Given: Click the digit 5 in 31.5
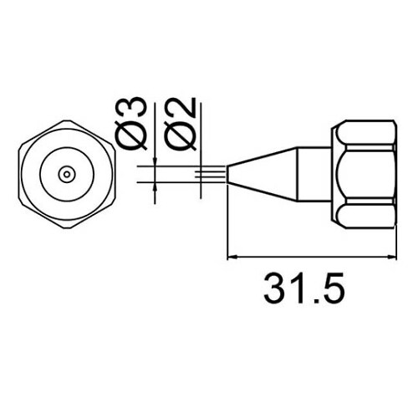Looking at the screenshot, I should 333,290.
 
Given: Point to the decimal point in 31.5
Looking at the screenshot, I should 313,302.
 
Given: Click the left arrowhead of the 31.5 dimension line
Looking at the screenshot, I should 233,257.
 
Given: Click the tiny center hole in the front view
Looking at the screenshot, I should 65,174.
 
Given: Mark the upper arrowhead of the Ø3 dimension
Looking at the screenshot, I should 156,158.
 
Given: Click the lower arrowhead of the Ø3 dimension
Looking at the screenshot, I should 156,191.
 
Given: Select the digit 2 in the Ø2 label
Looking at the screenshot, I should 183,109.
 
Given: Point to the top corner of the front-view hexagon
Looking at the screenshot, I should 65,119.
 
